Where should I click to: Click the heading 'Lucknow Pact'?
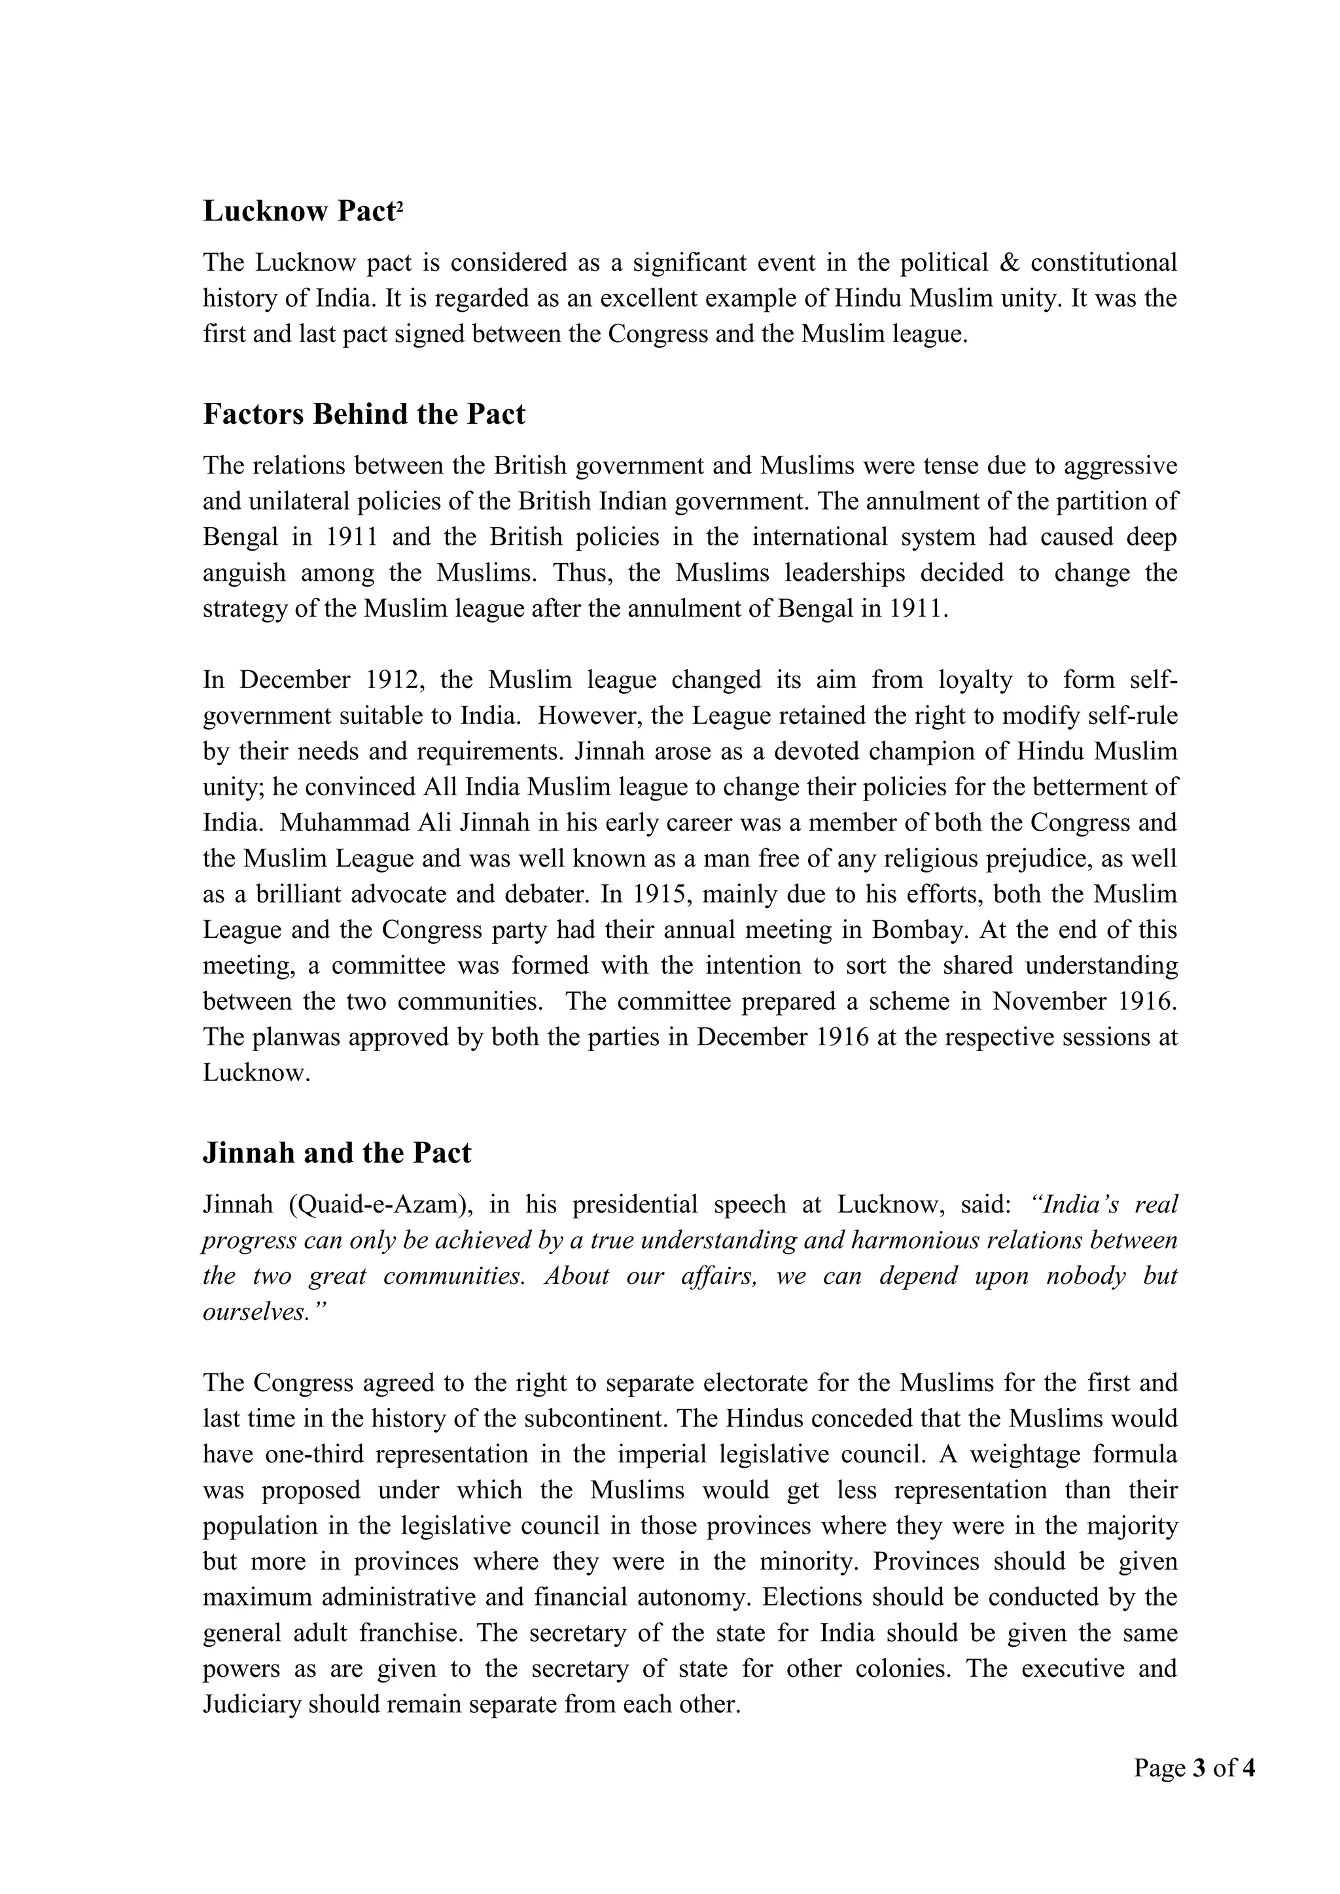[299, 212]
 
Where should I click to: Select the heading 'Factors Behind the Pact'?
[364, 414]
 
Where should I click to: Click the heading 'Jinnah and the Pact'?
[337, 1153]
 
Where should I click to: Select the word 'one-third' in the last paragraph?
[314, 1455]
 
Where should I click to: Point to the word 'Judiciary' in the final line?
[252, 1704]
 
